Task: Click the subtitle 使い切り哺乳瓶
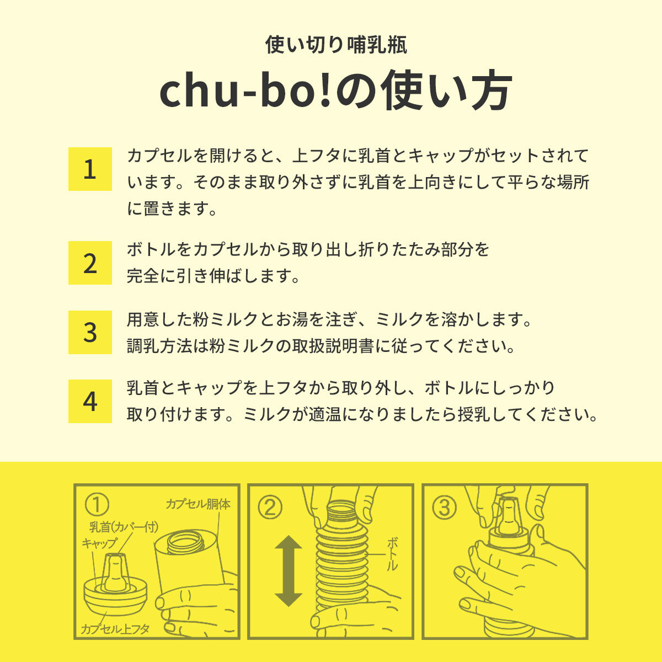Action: [336, 45]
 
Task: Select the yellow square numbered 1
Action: [90, 169]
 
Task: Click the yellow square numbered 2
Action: [90, 263]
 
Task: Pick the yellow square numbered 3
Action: [90, 332]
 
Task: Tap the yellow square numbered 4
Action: [90, 401]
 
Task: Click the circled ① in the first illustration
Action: [97, 505]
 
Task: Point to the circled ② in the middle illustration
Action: [270, 508]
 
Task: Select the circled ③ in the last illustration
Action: [445, 508]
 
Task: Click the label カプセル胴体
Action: [198, 504]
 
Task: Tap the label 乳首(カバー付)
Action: [124, 527]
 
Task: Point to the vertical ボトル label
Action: [392, 554]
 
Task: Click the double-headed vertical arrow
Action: [289, 570]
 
